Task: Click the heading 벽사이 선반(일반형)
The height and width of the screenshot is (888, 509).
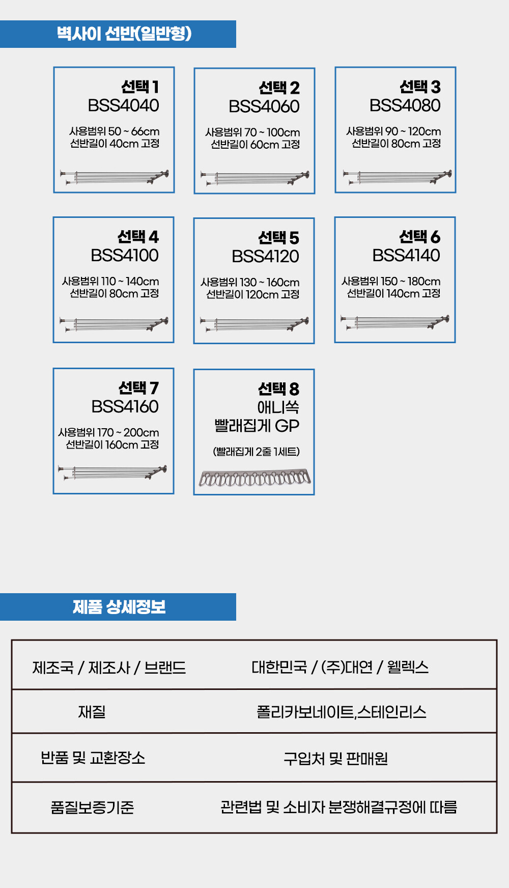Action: [124, 34]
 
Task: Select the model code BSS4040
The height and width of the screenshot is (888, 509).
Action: [123, 105]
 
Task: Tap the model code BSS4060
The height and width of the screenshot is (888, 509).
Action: [264, 106]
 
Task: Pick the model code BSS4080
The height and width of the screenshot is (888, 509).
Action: [405, 105]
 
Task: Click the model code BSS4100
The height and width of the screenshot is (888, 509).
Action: [124, 256]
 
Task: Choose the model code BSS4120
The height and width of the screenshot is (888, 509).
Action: [265, 257]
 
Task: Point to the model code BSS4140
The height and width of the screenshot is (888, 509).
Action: [406, 256]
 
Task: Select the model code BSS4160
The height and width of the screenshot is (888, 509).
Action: [125, 407]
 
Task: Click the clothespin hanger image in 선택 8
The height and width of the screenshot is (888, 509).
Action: [254, 479]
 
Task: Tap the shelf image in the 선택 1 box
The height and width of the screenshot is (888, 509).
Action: [114, 177]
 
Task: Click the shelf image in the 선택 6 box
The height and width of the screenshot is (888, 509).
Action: [395, 322]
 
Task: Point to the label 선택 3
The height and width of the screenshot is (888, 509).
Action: [420, 87]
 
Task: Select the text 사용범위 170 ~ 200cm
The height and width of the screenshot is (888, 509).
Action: [108, 432]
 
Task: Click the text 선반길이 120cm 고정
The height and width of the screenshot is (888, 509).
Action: [252, 294]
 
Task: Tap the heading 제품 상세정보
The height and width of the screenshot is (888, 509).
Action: [119, 607]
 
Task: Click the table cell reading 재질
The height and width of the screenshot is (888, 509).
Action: [92, 712]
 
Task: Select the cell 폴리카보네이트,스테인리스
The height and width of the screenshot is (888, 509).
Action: [341, 712]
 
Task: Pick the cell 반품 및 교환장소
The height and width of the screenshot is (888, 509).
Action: [93, 758]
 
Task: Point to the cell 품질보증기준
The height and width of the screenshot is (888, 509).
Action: [92, 808]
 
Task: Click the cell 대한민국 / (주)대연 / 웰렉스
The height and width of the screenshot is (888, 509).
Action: [340, 667]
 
